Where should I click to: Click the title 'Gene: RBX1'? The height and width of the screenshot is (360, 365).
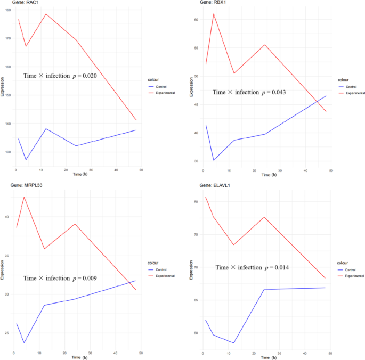point(212,3)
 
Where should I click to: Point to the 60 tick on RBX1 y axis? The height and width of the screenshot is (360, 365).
point(196,20)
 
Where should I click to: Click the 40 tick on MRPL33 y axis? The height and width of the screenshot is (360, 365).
point(7,217)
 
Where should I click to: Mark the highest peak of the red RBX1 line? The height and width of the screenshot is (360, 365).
point(214,14)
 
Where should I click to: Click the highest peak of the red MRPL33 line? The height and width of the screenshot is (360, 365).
point(24,197)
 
